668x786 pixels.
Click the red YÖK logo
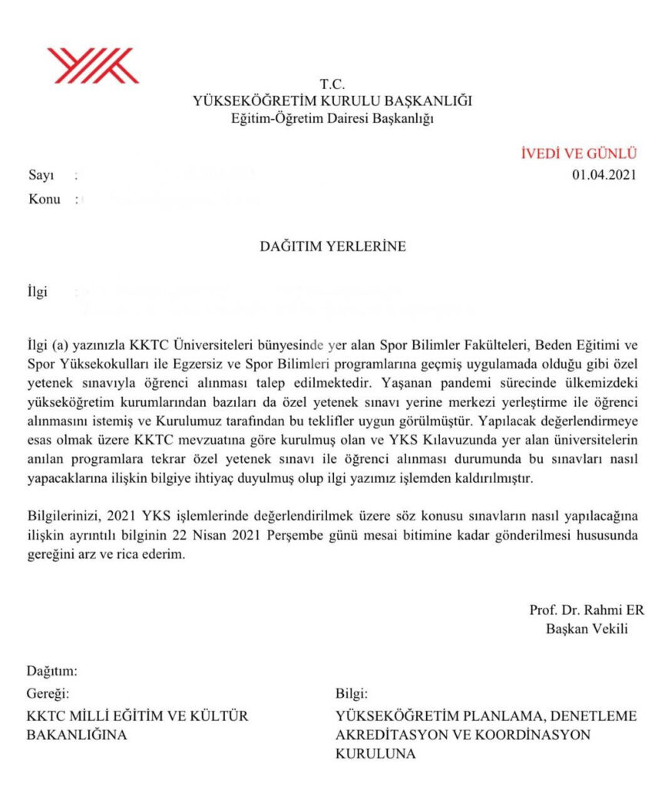(x=92, y=65)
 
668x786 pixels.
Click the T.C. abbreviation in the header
(x=333, y=84)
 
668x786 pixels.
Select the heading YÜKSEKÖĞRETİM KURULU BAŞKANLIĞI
(x=333, y=101)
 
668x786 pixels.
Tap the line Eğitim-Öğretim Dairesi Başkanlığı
(x=333, y=118)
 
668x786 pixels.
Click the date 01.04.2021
(x=604, y=174)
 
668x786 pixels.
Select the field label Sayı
(x=41, y=175)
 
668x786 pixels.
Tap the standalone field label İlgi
(x=38, y=293)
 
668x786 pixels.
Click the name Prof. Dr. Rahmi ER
(x=587, y=611)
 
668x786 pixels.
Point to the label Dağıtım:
(x=52, y=672)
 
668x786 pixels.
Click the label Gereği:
(x=48, y=694)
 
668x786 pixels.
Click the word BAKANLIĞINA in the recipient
(x=77, y=735)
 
